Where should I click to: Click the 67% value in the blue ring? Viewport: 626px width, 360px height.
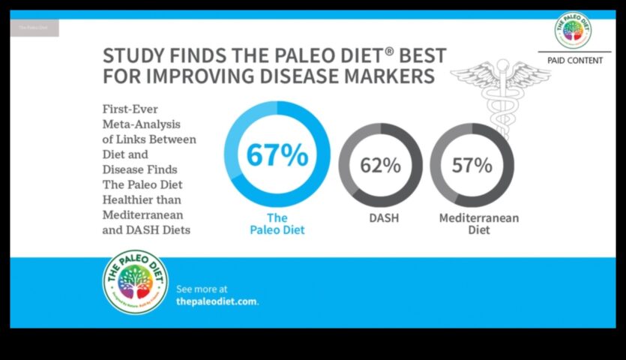coord(277,155)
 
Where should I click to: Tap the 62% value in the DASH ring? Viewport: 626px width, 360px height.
coord(381,164)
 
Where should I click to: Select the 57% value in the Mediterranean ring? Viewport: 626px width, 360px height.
coord(472,164)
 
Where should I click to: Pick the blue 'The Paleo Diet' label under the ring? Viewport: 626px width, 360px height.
coord(277,223)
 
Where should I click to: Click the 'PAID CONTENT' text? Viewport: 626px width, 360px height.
coord(575,60)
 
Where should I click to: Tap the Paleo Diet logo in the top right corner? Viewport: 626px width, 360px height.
coord(573,31)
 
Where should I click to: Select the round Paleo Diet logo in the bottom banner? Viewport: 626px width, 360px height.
coord(136,282)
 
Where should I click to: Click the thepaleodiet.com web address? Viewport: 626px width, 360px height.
coord(217,301)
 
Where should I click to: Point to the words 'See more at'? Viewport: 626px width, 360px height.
coord(202,289)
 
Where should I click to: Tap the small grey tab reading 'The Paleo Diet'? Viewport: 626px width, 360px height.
coord(34,28)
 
